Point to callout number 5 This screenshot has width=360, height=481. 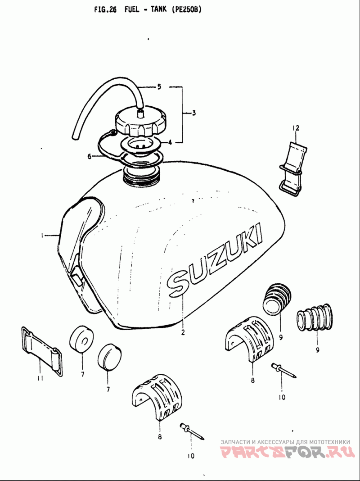[159, 87]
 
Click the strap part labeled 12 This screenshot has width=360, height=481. [293, 169]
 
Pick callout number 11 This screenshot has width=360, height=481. [40, 378]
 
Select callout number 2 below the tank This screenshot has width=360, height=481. [183, 332]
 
